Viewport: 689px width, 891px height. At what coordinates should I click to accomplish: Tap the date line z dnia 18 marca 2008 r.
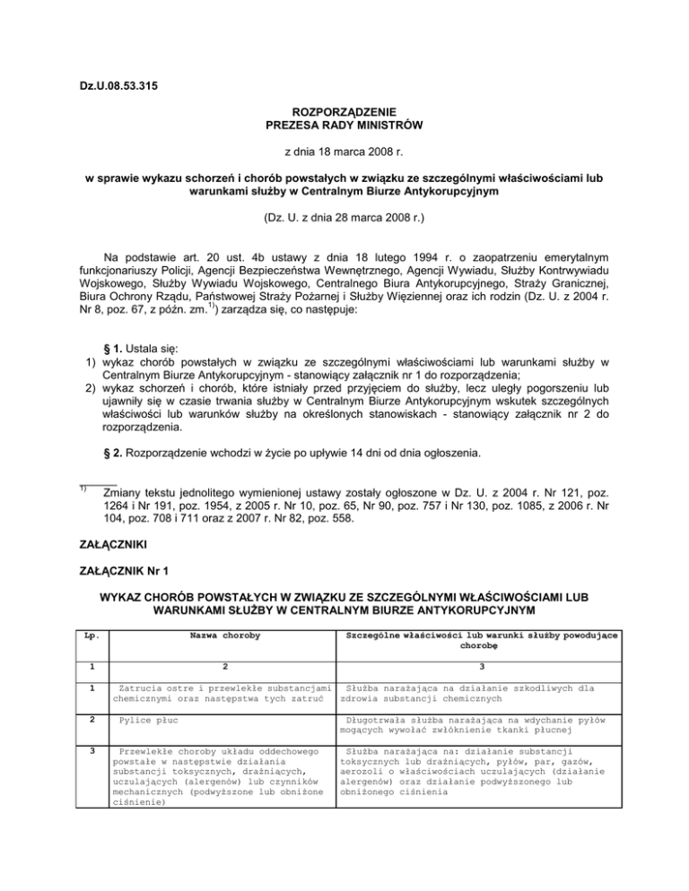point(344,152)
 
